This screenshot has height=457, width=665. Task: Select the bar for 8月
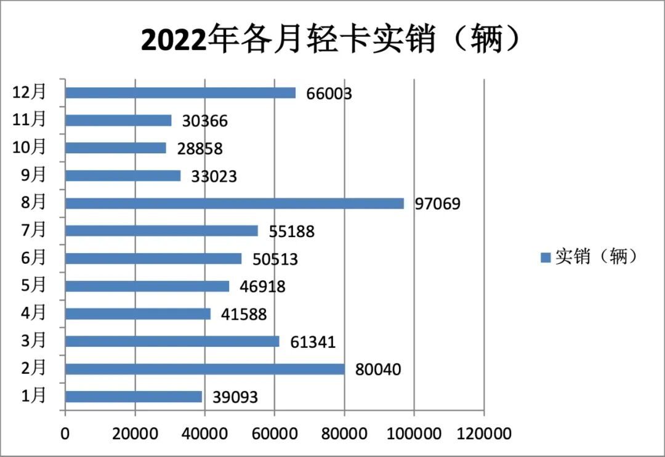[x=235, y=203]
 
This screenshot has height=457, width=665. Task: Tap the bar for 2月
[x=205, y=369]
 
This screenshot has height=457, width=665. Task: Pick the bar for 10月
[x=116, y=148]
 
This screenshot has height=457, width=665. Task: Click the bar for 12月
[x=180, y=93]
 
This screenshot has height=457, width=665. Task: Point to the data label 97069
[x=437, y=204]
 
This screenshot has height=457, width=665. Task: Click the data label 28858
[x=199, y=148]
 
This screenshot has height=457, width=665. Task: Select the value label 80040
[x=378, y=370]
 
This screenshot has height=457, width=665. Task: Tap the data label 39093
[x=235, y=397]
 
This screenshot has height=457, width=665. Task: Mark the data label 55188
[x=291, y=232]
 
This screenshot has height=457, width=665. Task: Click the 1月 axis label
[x=34, y=395]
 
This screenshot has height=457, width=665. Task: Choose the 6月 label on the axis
[x=34, y=257]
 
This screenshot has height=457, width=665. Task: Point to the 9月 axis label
[x=34, y=174]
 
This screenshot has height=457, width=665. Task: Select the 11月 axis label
[x=30, y=119]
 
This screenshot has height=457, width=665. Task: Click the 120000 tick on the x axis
[x=484, y=434]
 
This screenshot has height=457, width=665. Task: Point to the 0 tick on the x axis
[x=65, y=434]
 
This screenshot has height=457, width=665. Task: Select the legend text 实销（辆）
[x=595, y=257]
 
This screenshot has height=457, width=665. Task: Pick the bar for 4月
[x=138, y=313]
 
